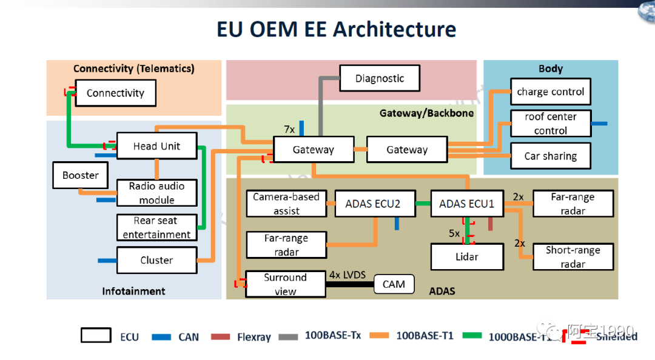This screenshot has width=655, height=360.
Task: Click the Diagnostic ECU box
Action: point(380,78)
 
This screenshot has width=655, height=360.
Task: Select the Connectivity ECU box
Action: point(115,93)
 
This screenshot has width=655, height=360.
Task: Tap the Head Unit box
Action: point(157,146)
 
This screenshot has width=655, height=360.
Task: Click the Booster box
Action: point(80,175)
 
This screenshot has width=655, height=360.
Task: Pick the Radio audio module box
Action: point(156,193)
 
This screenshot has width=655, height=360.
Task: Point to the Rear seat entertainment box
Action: point(156,227)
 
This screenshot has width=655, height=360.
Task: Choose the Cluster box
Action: point(156,260)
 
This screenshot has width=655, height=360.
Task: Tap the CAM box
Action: point(394,284)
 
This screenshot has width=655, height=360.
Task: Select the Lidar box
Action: point(467,257)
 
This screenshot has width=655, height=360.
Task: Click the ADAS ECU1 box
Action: point(467,204)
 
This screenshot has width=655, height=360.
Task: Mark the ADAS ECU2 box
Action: point(373,204)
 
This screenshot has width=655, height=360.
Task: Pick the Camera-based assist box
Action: point(286,204)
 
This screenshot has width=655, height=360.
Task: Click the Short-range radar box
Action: point(573,257)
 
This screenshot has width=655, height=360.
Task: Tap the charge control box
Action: point(550,92)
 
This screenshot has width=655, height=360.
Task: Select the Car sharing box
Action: point(550,156)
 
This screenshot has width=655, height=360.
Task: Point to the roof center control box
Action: point(550,124)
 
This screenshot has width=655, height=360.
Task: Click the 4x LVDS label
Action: point(348,275)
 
